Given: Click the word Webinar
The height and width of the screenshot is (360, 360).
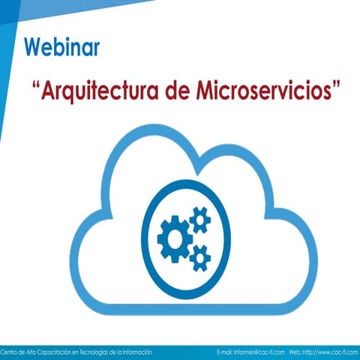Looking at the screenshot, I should point(61,46).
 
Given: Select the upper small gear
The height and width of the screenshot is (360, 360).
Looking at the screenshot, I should point(199,220).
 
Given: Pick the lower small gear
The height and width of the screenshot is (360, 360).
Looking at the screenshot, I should point(199,257).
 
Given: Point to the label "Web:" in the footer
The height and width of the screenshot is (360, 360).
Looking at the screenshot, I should point(295,351).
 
